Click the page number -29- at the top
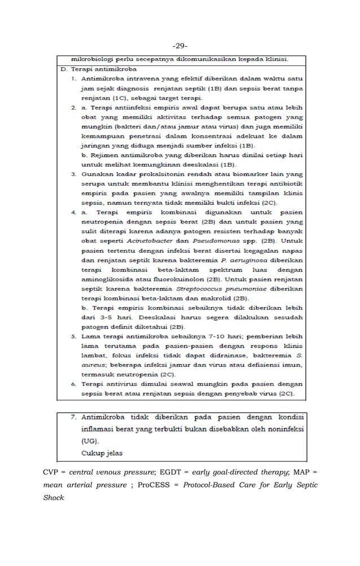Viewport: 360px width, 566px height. pos(181,45)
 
